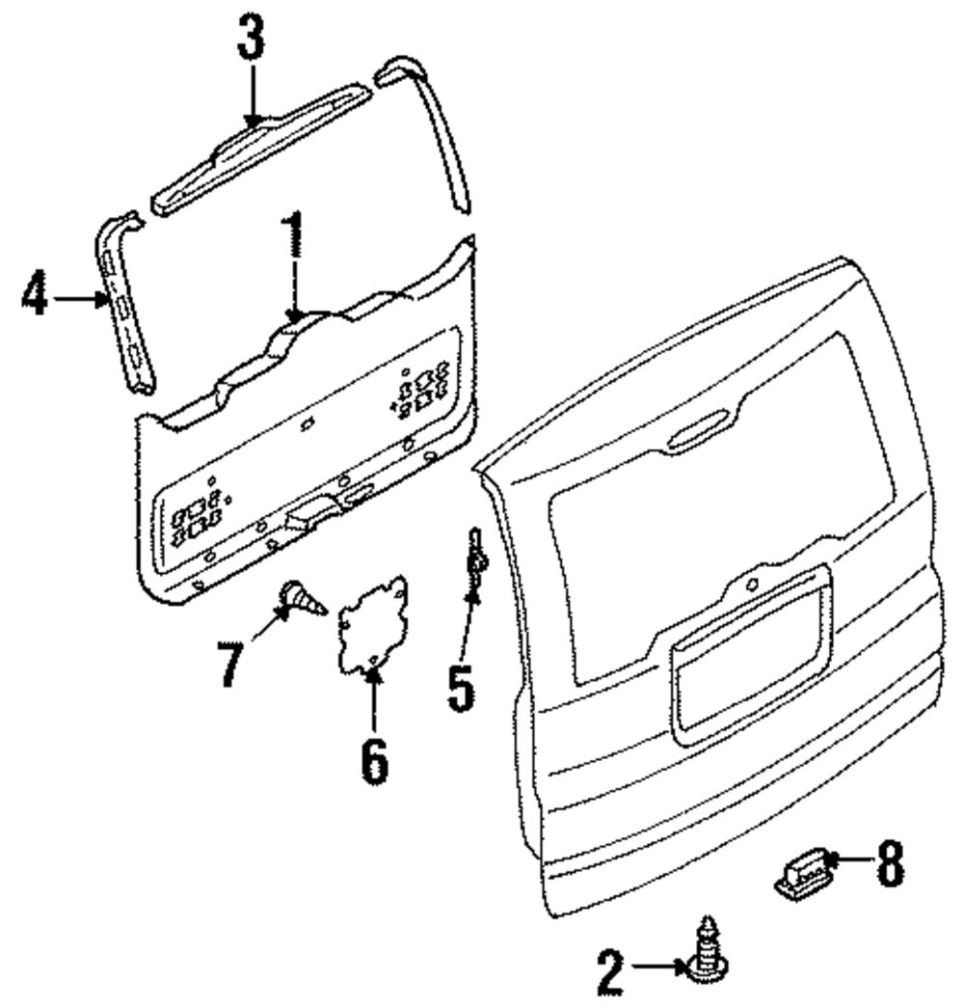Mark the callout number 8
point(888,864)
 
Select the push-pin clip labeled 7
point(301,602)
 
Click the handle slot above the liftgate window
point(700,433)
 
